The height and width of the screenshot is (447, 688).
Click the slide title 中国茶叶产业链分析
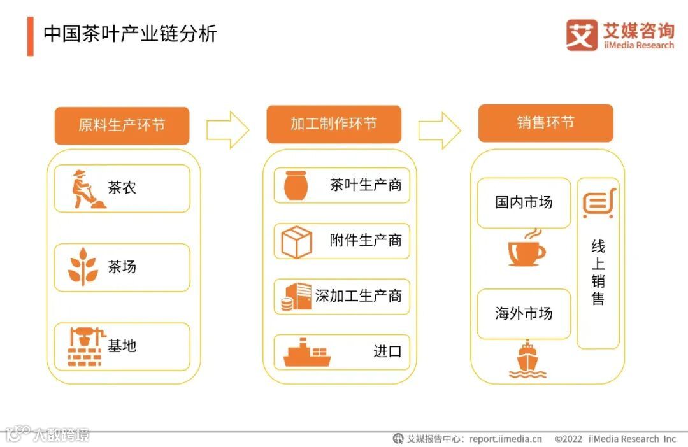(130, 34)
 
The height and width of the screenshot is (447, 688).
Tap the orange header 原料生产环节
(122, 125)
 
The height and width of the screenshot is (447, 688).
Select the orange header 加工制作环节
(334, 124)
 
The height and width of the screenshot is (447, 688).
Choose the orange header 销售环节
(545, 122)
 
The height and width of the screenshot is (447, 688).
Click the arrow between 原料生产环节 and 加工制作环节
(227, 130)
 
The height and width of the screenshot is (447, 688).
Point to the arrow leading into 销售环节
(440, 130)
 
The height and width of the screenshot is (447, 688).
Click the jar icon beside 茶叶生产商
(296, 185)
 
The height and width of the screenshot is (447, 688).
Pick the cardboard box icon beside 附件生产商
(296, 241)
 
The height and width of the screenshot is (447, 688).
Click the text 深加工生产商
(359, 296)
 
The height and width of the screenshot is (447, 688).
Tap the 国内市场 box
(524, 202)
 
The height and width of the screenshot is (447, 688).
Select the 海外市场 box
(524, 313)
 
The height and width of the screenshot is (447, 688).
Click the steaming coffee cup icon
(526, 248)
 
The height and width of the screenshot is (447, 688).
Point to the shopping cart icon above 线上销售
(599, 204)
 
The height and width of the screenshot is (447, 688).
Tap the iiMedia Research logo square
(582, 35)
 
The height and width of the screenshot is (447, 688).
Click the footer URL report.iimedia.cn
(506, 439)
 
